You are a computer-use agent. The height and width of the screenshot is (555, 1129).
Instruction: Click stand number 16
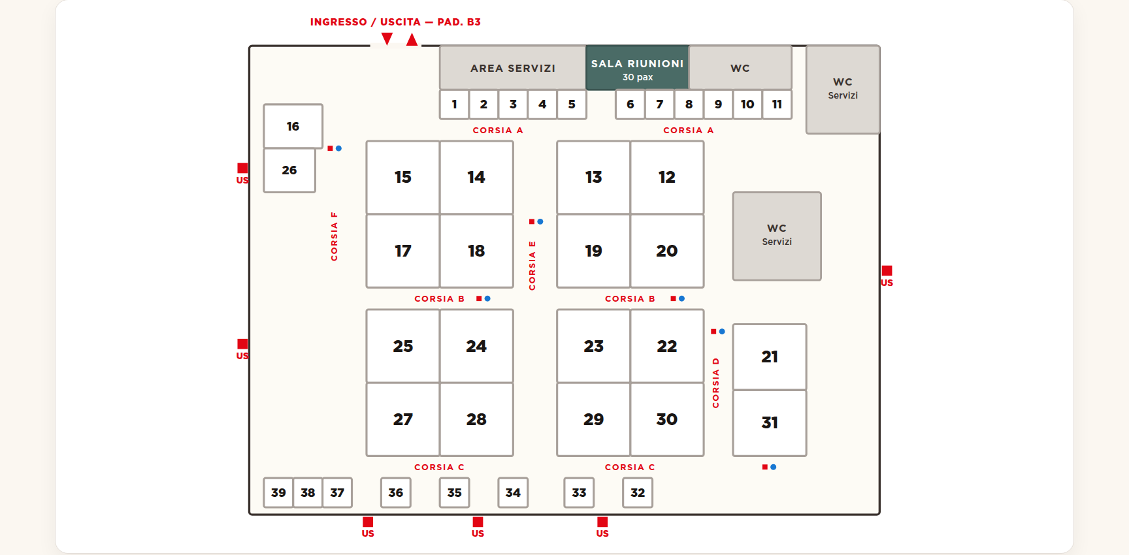[293, 126]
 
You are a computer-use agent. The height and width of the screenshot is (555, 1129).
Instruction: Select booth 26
[289, 170]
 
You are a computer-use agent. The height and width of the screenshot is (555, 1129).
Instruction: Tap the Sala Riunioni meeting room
[638, 68]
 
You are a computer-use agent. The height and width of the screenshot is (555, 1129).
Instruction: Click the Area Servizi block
[513, 68]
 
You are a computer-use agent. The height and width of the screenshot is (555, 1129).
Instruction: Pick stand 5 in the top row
[572, 104]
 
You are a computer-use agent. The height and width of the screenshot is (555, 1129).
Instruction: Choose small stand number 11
[777, 104]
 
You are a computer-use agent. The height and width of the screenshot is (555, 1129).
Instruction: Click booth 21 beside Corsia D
[770, 357]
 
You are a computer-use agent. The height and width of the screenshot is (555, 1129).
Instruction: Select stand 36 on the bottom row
[396, 493]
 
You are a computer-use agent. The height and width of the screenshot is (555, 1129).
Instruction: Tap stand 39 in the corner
[278, 493]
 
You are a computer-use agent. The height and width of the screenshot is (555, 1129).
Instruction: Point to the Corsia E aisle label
[532, 266]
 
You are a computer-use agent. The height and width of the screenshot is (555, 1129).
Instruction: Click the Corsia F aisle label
[335, 236]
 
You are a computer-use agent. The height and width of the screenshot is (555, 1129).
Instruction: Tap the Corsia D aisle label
[716, 383]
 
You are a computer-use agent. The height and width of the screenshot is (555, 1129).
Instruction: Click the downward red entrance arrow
[387, 39]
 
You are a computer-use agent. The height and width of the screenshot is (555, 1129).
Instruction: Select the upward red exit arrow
[412, 39]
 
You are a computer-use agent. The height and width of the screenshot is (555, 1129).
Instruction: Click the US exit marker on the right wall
[887, 276]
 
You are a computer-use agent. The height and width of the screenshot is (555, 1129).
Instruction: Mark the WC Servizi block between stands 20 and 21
[777, 236]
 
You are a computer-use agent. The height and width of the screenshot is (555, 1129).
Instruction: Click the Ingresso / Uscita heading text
[395, 22]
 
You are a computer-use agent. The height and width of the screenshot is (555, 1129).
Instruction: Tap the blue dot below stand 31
[774, 468]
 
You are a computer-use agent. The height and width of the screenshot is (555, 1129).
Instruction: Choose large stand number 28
[476, 419]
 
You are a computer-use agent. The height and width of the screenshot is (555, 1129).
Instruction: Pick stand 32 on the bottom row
[638, 493]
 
